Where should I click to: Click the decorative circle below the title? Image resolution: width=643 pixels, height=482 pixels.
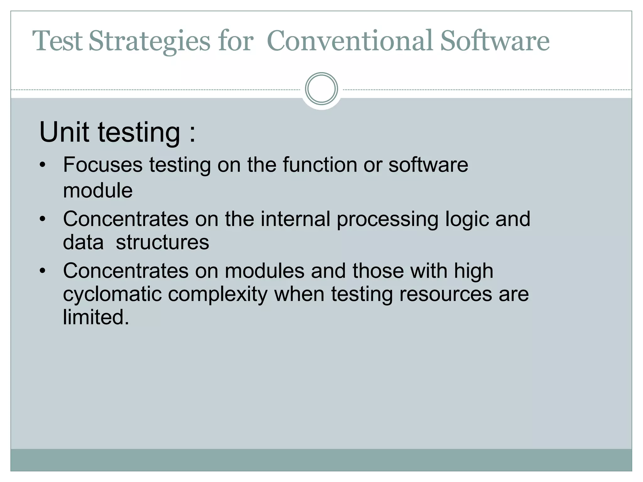click(321, 88)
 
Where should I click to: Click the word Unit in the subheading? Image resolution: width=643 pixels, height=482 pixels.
click(64, 132)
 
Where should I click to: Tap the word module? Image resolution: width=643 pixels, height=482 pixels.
click(98, 190)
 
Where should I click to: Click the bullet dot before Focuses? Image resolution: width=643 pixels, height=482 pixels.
click(43, 165)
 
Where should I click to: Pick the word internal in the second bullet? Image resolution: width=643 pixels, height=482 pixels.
click(295, 219)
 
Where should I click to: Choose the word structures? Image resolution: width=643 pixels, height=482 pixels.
click(162, 242)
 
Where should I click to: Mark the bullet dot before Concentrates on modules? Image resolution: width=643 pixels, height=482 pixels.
click(43, 271)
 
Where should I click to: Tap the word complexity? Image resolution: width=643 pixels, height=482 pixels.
click(218, 294)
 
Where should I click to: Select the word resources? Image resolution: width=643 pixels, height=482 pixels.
click(446, 294)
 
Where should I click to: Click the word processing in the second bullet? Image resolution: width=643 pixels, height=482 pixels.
click(387, 219)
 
